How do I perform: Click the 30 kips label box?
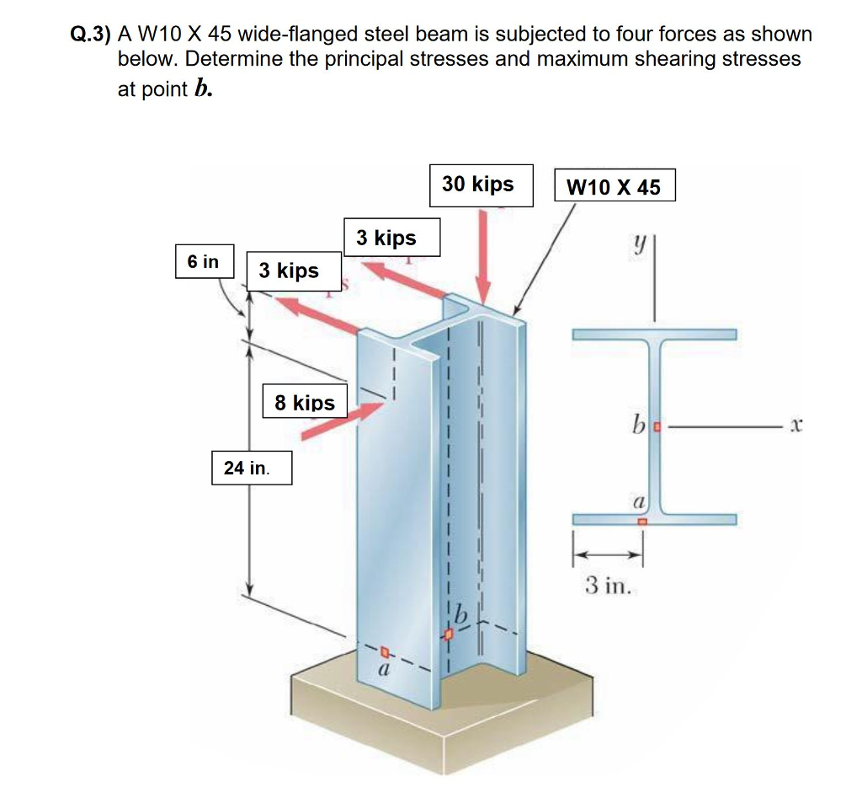[x=481, y=185]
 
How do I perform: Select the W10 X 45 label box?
[x=615, y=185]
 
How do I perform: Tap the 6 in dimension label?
[x=205, y=261]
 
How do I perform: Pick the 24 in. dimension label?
[x=252, y=468]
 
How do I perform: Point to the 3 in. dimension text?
[x=608, y=585]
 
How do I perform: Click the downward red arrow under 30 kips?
[x=483, y=256]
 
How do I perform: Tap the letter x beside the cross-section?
[x=796, y=425]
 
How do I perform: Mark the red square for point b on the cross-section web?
[x=657, y=426]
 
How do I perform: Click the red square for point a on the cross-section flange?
[x=642, y=521]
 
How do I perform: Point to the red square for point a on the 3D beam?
[x=385, y=653]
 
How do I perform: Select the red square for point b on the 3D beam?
[x=449, y=635]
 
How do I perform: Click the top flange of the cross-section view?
[x=654, y=335]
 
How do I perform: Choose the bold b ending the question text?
[x=204, y=88]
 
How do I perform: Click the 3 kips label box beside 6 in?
[x=294, y=270]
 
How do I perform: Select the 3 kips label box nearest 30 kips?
[x=392, y=237]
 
